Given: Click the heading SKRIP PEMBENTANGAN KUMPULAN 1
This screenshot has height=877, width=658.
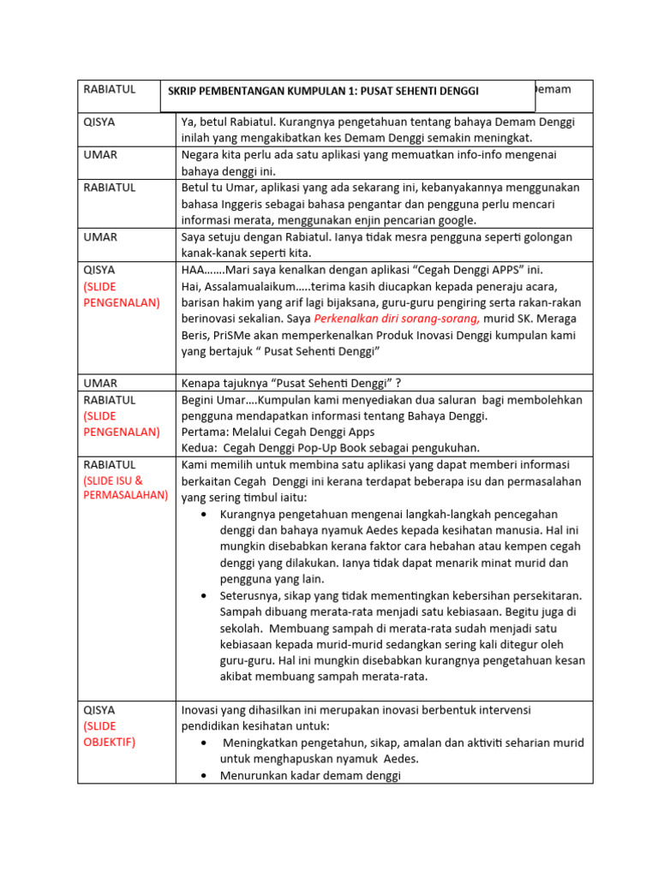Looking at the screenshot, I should (x=323, y=92).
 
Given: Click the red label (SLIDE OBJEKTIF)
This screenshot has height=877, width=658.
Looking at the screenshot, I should (x=110, y=734).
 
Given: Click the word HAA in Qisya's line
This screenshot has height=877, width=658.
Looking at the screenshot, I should (x=194, y=270).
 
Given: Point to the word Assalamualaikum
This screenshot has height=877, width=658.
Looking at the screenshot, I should (x=254, y=286).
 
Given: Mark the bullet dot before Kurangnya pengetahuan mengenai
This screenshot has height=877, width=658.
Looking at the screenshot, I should (x=202, y=514).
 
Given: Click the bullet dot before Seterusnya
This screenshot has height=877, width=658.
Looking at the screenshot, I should (x=202, y=595).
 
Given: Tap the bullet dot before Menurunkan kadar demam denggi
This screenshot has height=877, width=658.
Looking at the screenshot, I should (x=202, y=776).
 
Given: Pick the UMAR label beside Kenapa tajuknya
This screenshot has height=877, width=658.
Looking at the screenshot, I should (x=100, y=383).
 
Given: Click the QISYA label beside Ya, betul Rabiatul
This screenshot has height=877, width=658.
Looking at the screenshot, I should (x=99, y=122).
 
